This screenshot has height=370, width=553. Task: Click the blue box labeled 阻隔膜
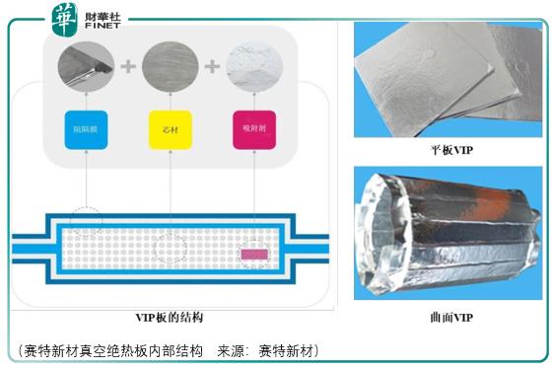pos(85,128)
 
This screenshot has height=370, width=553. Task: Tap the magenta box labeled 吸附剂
pos(253,128)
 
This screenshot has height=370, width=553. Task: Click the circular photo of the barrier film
pos(86,66)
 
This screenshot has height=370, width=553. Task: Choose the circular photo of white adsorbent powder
pos(253,66)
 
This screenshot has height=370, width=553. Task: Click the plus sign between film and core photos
pos(126,67)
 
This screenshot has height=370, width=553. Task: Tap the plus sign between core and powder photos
pos(210,67)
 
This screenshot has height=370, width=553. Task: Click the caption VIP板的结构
pos(171,318)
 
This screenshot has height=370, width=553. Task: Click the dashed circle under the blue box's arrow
pos(87,218)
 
